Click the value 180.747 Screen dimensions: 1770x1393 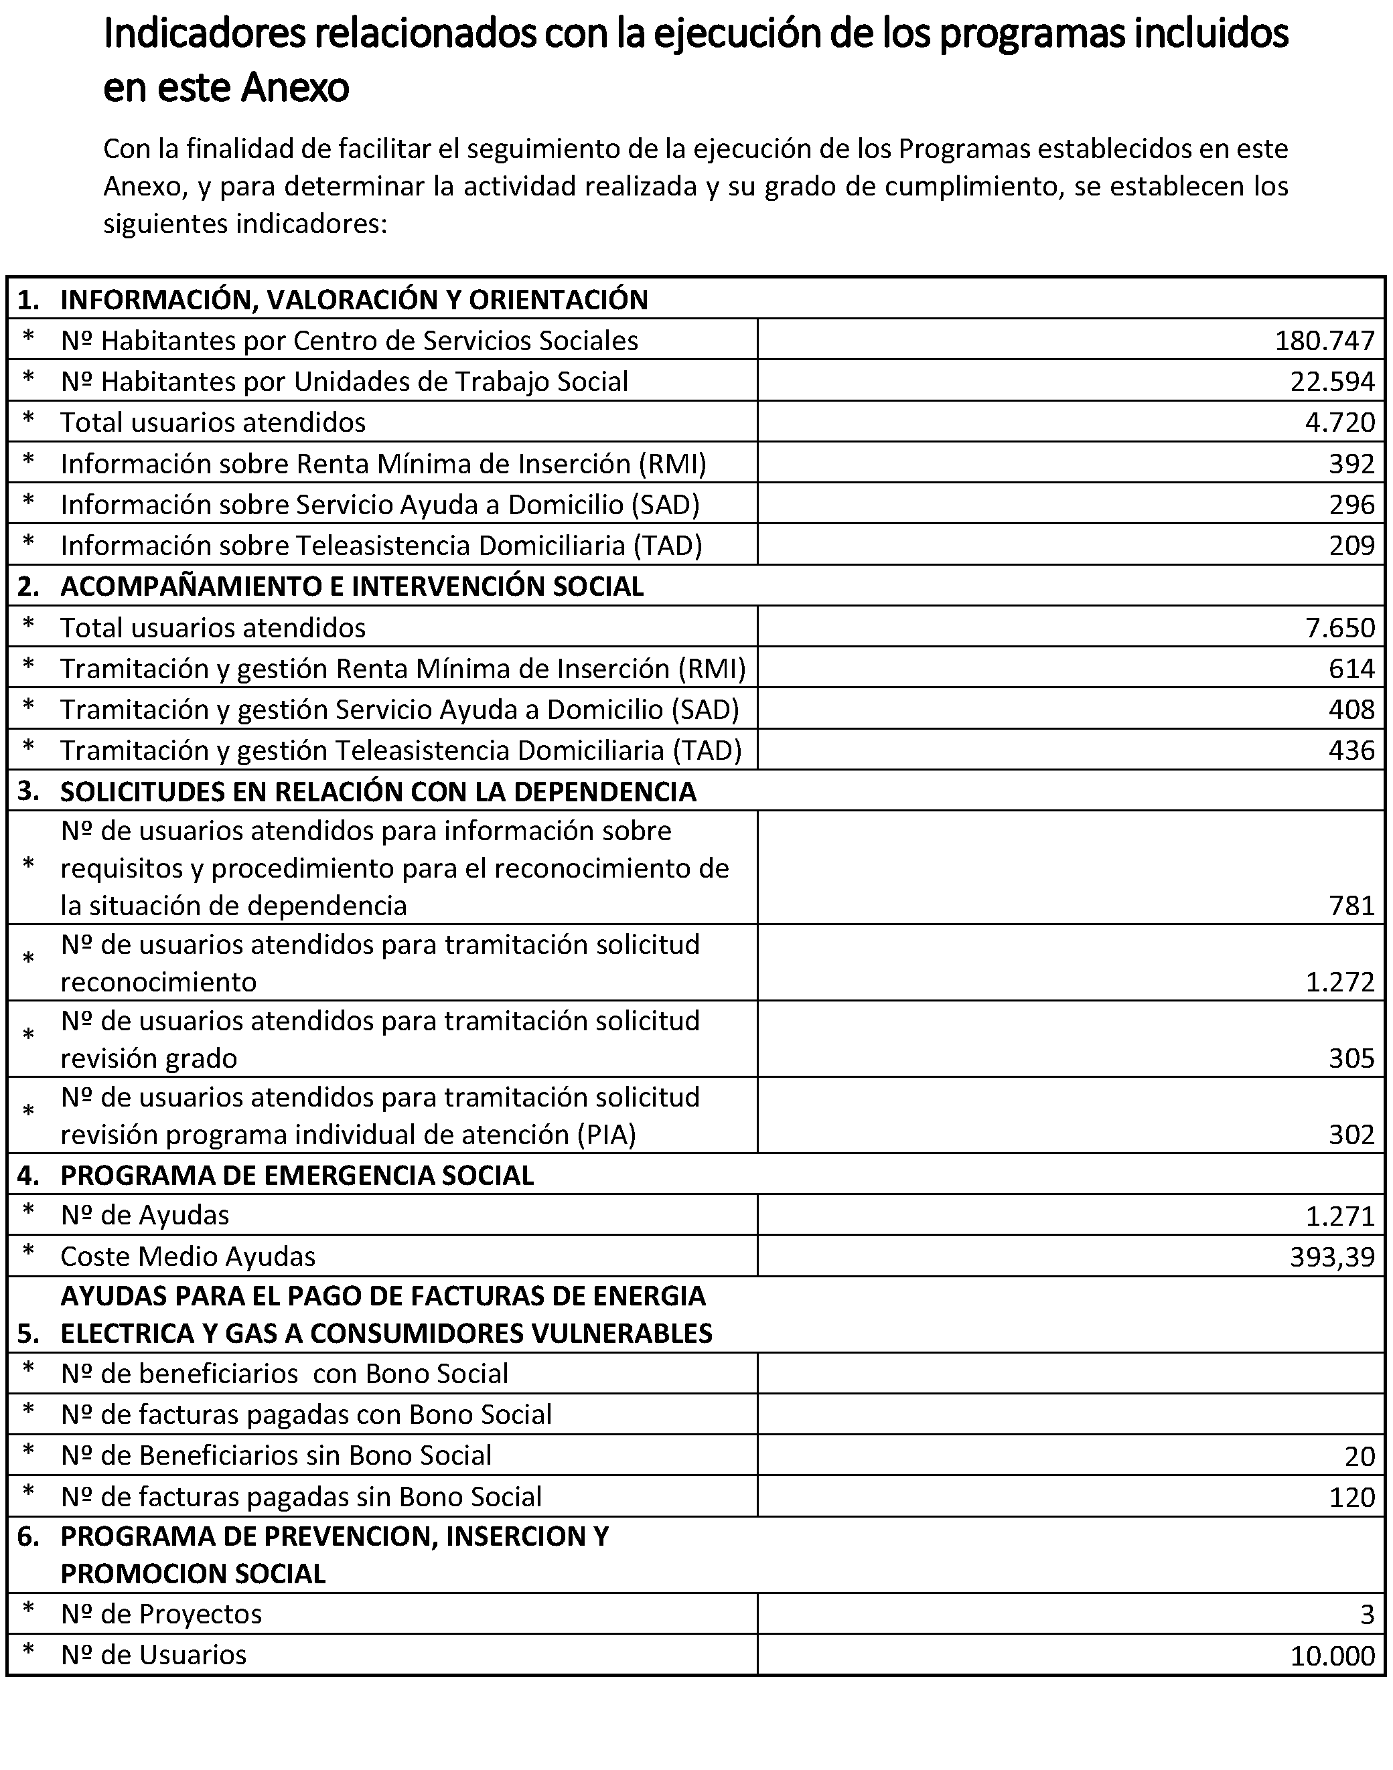pyautogui.click(x=1325, y=341)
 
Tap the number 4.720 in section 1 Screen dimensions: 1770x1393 pyautogui.click(x=1339, y=422)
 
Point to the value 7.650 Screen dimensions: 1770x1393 pyautogui.click(x=1339, y=628)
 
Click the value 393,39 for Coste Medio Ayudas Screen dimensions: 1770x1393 pyautogui.click(x=1332, y=1257)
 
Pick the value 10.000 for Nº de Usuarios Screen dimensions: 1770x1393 pyautogui.click(x=1332, y=1656)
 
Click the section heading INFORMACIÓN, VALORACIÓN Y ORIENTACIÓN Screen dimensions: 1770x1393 pyautogui.click(x=354, y=300)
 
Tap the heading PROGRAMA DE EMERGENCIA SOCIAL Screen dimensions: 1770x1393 pyautogui.click(x=297, y=1176)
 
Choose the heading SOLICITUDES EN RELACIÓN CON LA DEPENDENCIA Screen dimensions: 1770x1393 pyautogui.click(x=378, y=792)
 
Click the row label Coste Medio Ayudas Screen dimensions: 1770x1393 pyautogui.click(x=188, y=1257)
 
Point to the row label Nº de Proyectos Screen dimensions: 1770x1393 pyautogui.click(x=161, y=1614)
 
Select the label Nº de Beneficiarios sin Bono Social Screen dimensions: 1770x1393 pyautogui.click(x=277, y=1456)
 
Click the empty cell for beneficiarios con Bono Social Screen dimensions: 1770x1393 pyautogui.click(x=1070, y=1374)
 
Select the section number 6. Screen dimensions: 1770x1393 pyautogui.click(x=27, y=1537)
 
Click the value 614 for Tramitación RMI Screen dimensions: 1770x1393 pyautogui.click(x=1351, y=669)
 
